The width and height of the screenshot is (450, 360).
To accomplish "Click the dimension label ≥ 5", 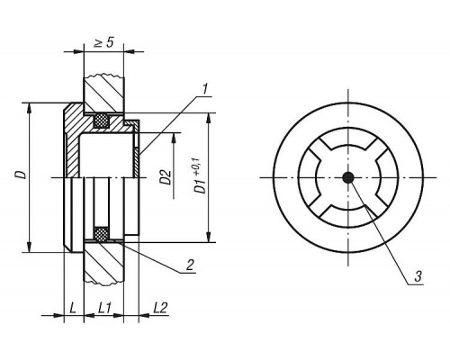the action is pos(103,42).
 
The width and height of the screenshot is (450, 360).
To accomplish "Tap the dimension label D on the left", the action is pos(22,175).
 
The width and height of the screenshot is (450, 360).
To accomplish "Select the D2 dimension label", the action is pos(166,177).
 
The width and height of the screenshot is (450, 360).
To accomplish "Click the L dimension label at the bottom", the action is pos(73,308).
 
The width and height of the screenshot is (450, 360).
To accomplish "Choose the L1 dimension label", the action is pos(105,308).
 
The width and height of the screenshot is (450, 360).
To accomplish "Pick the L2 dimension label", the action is pos(160,308).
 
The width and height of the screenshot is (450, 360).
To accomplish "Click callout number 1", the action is pos(205,89).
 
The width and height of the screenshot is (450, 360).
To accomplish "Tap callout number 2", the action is pos(190,265).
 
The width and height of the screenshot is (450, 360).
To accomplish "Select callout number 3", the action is pos(418,276).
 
